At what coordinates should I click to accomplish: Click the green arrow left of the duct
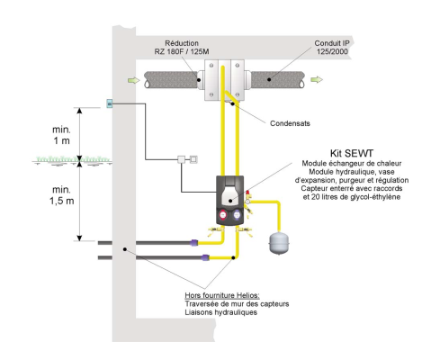pos(133,80)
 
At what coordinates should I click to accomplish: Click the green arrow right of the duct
pos(317,79)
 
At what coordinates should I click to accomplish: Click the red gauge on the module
pos(223,215)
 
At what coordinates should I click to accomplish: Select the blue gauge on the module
pos(238,215)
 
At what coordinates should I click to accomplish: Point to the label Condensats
pos(290,123)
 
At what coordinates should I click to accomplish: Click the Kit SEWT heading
pos(352,153)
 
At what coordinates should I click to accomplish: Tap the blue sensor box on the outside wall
pos(110,103)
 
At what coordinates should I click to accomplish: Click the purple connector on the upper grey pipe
pos(194,242)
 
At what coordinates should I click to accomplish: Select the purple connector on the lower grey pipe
pos(205,257)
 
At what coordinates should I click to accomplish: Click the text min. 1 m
pos(61,135)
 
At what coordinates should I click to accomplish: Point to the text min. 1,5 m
pos(61,195)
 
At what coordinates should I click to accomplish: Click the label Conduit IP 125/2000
pos(332,48)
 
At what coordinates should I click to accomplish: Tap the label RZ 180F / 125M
pos(182,51)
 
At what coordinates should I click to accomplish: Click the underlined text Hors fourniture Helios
pos(222,295)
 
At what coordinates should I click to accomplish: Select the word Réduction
pos(182,43)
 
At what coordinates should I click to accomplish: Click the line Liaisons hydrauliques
pos(221,312)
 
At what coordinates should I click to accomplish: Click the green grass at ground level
pos(72,159)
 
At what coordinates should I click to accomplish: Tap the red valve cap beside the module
pos(247,193)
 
